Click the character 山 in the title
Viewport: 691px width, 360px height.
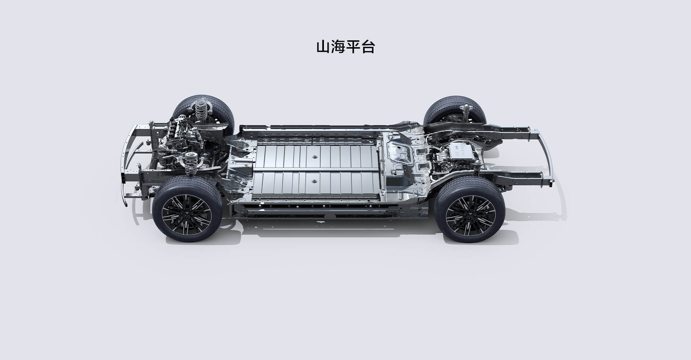[x=323, y=47]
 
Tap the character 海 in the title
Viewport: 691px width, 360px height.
[x=338, y=47]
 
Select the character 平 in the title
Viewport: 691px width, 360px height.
[x=353, y=47]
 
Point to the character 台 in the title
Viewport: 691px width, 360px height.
[x=367, y=47]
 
